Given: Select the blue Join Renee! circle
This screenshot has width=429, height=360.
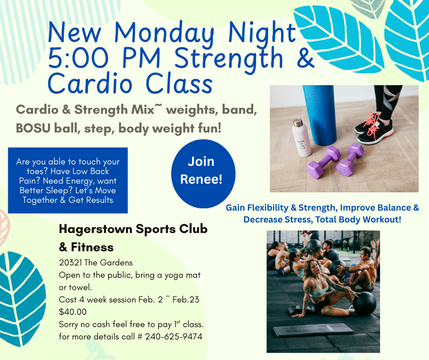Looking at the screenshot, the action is pyautogui.click(x=203, y=174).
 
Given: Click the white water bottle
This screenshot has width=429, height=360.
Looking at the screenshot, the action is pyautogui.click(x=301, y=138).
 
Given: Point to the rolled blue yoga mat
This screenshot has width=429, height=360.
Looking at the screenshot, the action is pyautogui.click(x=319, y=115).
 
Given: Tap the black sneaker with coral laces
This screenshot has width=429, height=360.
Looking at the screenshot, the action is pyautogui.click(x=374, y=131).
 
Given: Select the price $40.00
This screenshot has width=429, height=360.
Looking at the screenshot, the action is pyautogui.click(x=73, y=312).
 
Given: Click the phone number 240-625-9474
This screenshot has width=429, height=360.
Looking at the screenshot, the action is pyautogui.click(x=173, y=336).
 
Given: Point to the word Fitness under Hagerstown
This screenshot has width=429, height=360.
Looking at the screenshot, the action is pyautogui.click(x=92, y=247).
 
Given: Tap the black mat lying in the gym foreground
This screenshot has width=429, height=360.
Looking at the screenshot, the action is pyautogui.click(x=313, y=330).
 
